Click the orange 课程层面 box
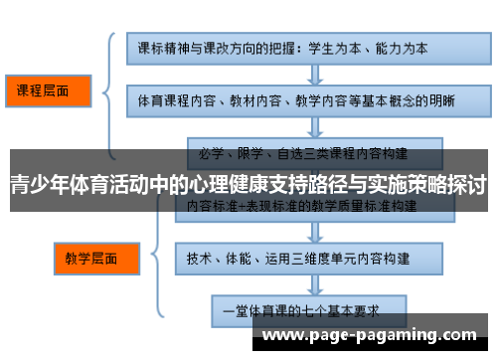click(46, 91)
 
